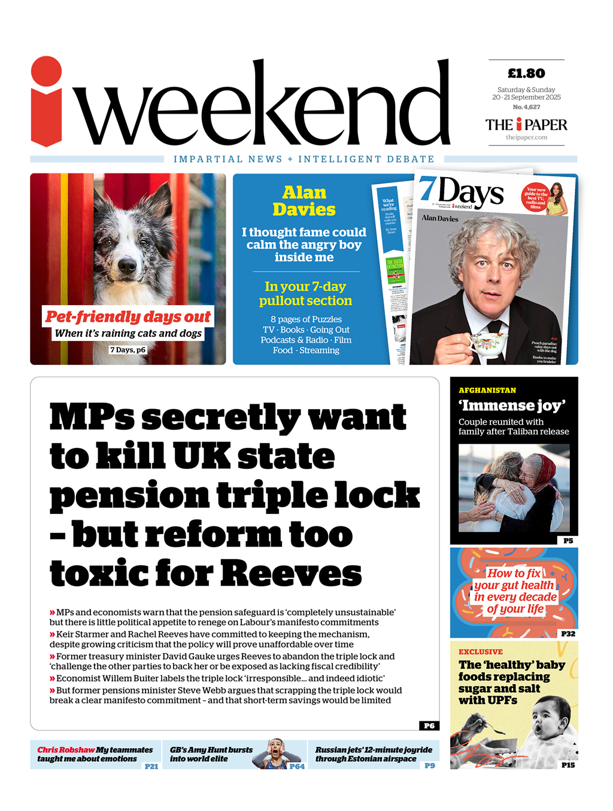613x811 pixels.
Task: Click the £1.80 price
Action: tap(526, 74)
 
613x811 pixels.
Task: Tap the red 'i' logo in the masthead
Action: tap(46, 102)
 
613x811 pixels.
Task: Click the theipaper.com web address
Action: tap(526, 138)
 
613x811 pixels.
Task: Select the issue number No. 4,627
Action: tap(526, 107)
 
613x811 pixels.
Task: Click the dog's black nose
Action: tap(126, 265)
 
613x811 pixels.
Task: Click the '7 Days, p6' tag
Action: tap(128, 350)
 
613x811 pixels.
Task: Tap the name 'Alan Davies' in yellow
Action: tap(304, 201)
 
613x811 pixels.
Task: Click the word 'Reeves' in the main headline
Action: tap(291, 573)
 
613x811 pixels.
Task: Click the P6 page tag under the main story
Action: tap(429, 725)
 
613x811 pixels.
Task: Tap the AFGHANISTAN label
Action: tap(487, 390)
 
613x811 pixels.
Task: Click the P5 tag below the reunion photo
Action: tap(568, 541)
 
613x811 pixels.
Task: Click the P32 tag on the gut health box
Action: tap(568, 633)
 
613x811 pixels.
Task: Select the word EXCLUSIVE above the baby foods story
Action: tap(481, 652)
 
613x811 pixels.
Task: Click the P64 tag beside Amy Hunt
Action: tap(297, 766)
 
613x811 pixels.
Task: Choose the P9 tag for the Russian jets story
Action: tap(430, 766)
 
